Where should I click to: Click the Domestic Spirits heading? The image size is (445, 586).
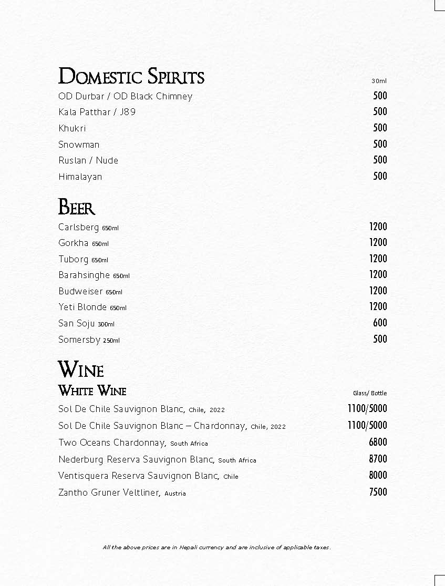click(131, 77)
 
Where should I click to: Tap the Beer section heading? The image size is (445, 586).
click(77, 207)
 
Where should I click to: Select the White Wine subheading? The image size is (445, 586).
click(92, 391)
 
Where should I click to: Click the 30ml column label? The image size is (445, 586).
click(379, 81)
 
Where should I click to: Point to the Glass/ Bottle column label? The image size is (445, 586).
click(370, 393)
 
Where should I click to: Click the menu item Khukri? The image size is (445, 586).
click(72, 128)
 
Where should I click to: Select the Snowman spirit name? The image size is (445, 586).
click(79, 145)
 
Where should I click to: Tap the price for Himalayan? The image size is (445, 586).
click(380, 176)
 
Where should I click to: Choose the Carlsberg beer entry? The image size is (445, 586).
click(79, 228)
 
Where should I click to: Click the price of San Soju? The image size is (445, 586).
click(380, 323)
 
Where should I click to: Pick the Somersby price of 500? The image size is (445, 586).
click(380, 339)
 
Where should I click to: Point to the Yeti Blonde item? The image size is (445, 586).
click(82, 307)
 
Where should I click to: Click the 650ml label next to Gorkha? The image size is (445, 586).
click(100, 244)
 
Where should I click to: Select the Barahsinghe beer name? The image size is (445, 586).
click(84, 275)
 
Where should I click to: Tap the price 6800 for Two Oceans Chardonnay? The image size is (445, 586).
click(378, 442)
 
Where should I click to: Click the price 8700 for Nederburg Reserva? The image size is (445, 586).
click(378, 459)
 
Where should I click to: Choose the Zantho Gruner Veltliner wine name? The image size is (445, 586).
click(109, 492)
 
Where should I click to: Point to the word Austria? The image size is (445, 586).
click(175, 494)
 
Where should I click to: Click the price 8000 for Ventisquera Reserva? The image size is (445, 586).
click(378, 475)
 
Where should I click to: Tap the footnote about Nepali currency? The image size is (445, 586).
click(217, 547)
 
